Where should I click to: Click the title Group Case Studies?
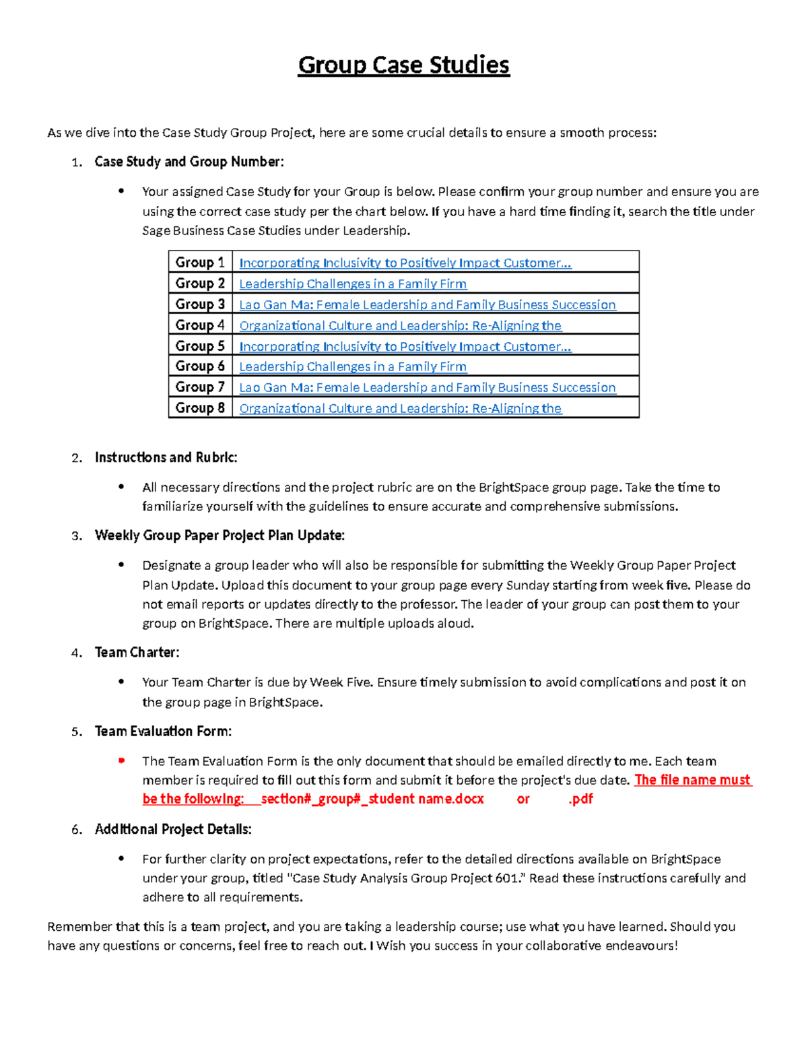tap(403, 65)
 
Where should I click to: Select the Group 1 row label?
tap(200, 262)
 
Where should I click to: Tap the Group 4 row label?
tap(200, 325)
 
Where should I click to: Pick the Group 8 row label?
tap(200, 407)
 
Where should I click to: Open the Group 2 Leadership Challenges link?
tap(353, 284)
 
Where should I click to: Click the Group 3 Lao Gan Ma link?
tap(427, 304)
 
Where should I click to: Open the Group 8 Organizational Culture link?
tap(400, 408)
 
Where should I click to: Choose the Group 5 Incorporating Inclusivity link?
tap(405, 346)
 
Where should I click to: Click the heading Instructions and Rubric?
tap(166, 457)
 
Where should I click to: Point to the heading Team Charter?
tap(137, 652)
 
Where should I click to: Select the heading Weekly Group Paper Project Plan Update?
tap(220, 535)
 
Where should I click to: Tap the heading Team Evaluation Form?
tap(163, 731)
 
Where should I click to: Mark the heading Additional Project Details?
tap(173, 829)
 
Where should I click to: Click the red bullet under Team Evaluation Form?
tap(122, 760)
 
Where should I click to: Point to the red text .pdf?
tap(580, 799)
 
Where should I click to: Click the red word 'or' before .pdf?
tap(523, 799)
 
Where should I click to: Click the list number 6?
tap(76, 830)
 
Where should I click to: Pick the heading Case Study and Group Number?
tap(189, 162)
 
